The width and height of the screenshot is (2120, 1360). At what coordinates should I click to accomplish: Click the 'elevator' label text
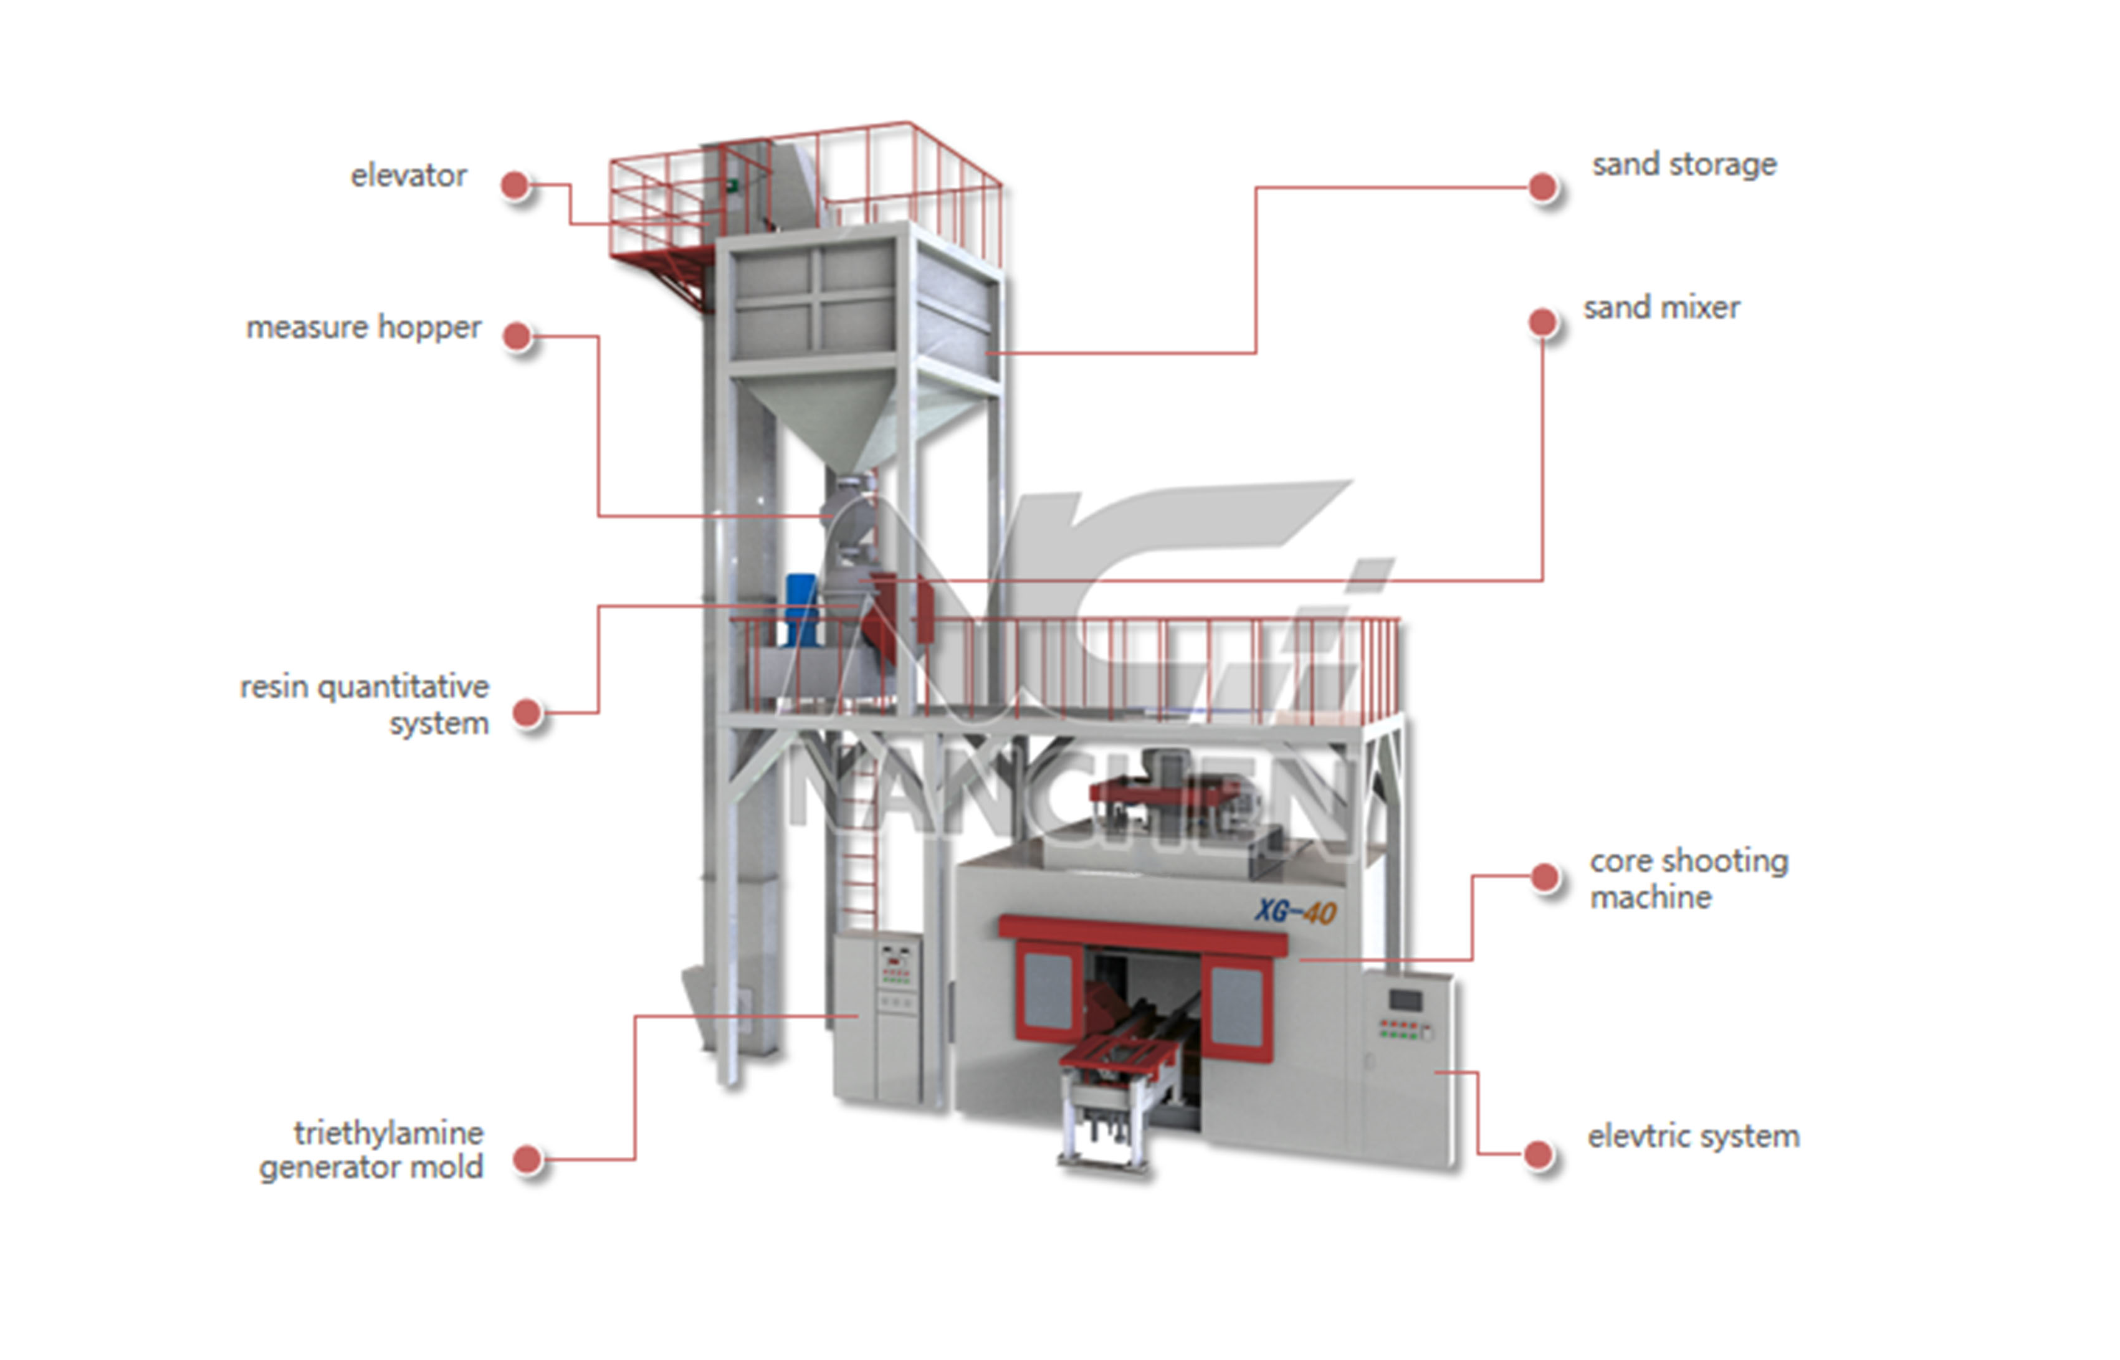point(408,176)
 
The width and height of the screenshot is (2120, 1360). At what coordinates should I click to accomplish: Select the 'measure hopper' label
point(363,328)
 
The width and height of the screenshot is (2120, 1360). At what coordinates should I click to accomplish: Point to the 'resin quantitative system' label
point(364,705)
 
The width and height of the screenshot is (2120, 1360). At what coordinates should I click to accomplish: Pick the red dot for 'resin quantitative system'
point(527,713)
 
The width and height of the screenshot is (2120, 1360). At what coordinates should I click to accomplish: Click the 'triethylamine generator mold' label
point(371,1150)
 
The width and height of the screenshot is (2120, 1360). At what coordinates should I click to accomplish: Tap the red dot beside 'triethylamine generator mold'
point(527,1159)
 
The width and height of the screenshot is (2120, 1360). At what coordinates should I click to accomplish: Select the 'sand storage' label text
point(1684,165)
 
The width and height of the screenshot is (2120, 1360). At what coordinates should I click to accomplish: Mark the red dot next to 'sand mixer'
point(1542,322)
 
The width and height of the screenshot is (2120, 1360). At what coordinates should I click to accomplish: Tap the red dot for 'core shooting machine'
point(1545,877)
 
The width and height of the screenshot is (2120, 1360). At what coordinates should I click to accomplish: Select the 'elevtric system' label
point(1693,1136)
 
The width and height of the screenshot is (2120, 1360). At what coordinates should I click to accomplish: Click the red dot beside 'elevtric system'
point(1538,1154)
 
